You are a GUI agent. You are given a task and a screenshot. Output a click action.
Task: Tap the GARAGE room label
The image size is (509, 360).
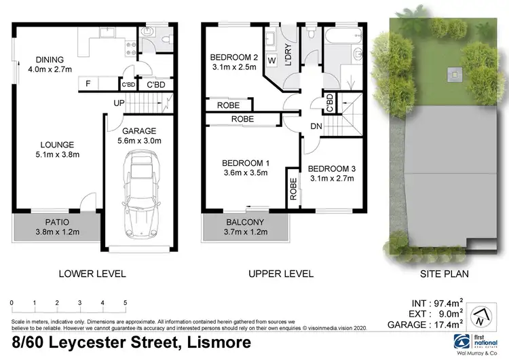pos(139,131)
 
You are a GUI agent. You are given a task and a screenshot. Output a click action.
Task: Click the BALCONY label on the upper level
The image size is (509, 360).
pos(246,222)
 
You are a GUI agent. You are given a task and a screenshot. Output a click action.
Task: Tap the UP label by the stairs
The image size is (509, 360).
pos(118,103)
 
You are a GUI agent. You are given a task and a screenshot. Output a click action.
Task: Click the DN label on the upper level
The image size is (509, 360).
pos(316,126)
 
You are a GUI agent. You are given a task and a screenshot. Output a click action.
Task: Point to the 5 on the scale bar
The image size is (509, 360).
pos(125,302)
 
